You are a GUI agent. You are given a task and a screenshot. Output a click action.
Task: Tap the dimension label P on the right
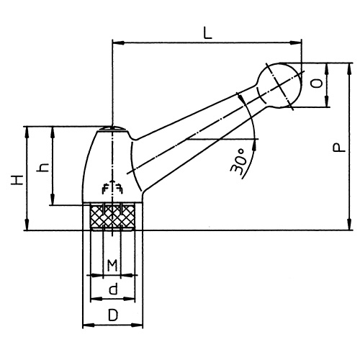[336, 148]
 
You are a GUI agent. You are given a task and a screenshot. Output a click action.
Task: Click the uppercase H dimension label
[16, 178]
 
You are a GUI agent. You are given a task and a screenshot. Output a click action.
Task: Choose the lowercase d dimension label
[112, 289]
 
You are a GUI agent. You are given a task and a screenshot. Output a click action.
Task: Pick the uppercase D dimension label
[112, 315]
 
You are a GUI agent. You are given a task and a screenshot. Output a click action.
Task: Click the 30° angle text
[240, 160]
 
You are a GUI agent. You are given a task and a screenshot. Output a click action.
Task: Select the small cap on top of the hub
[113, 129]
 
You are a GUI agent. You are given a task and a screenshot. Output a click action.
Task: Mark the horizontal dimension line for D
[114, 325]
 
